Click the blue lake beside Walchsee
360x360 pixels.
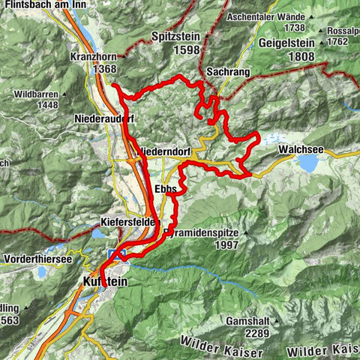pos(308,163)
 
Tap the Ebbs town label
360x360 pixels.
pos(165,189)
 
